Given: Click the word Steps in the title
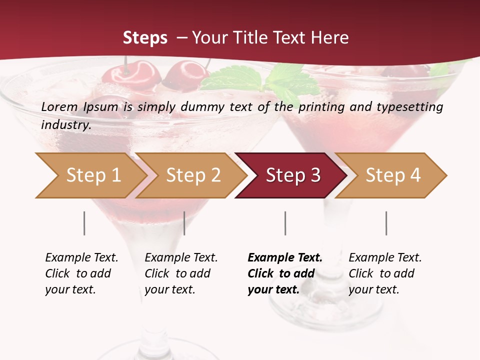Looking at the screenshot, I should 145,38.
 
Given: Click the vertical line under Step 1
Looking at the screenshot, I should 84,223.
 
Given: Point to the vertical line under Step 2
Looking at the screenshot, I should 184,223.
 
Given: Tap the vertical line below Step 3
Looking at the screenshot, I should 285,223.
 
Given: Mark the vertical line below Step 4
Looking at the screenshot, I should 386,223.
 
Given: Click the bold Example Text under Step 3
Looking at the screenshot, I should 285,273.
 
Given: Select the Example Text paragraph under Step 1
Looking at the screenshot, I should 81,273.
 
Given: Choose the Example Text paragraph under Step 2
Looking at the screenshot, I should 181,273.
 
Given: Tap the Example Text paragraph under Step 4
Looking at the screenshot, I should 385,273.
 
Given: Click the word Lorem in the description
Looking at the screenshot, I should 59,107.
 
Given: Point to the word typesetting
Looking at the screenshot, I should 410,107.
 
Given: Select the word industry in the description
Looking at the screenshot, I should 66,125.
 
